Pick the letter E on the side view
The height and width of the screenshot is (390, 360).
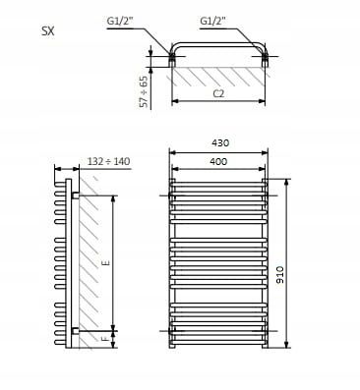105,262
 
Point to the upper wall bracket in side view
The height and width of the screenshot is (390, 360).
75,195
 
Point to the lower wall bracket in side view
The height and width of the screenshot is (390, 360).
75,328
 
